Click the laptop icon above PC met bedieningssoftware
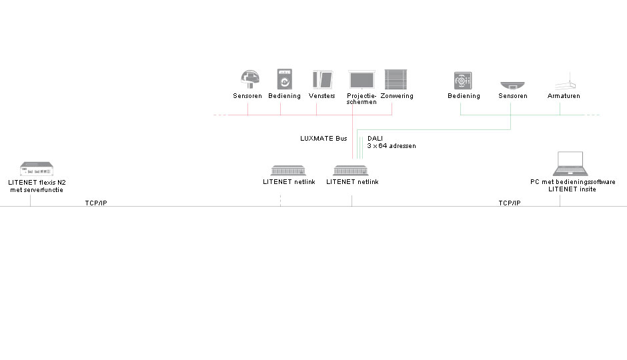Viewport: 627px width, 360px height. (x=570, y=164)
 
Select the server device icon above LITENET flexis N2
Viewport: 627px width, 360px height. (x=37, y=169)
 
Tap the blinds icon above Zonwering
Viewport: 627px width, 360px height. (x=396, y=79)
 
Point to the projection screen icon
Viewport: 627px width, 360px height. (x=362, y=79)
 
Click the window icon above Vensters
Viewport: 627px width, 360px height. (x=323, y=79)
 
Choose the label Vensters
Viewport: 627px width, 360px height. (x=322, y=96)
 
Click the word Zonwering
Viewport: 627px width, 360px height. (x=397, y=96)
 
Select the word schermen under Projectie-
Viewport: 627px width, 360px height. (x=362, y=102)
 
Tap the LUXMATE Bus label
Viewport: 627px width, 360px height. (x=324, y=139)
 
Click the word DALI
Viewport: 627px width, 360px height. (x=375, y=139)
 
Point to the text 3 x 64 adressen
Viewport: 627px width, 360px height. (x=392, y=146)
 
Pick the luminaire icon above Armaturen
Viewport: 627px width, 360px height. (x=565, y=81)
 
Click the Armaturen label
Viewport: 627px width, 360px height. (x=564, y=96)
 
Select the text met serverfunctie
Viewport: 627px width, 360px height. (x=37, y=190)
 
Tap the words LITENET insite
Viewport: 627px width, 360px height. (x=572, y=189)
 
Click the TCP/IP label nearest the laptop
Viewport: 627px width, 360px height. (x=510, y=203)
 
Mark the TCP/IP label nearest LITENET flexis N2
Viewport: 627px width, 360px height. (x=96, y=203)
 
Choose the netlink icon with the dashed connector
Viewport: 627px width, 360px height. (x=288, y=171)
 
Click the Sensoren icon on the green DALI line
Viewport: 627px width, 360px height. (x=512, y=85)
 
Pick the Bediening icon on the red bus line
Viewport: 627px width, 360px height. (x=285, y=79)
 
